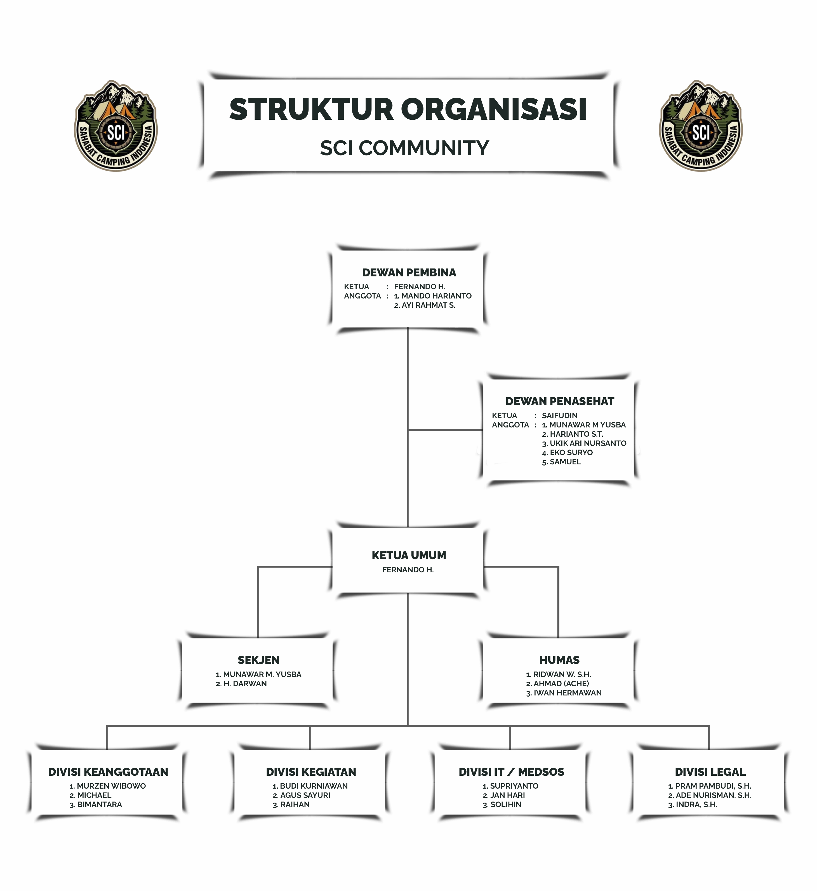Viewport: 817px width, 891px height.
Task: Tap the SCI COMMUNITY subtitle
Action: point(404,148)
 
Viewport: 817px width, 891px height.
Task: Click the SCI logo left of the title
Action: point(116,126)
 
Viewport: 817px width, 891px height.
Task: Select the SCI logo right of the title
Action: point(701,126)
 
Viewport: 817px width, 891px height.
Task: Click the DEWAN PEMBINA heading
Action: point(409,272)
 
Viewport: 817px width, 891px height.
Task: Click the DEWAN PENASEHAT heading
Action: point(560,401)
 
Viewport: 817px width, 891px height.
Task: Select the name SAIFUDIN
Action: point(560,416)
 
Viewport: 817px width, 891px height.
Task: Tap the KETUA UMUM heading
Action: point(409,555)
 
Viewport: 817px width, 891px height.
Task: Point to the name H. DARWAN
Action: point(245,684)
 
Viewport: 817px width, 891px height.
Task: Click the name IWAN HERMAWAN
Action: point(567,693)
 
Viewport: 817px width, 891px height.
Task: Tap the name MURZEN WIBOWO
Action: point(111,786)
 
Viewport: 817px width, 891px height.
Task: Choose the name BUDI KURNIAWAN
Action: point(314,786)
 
